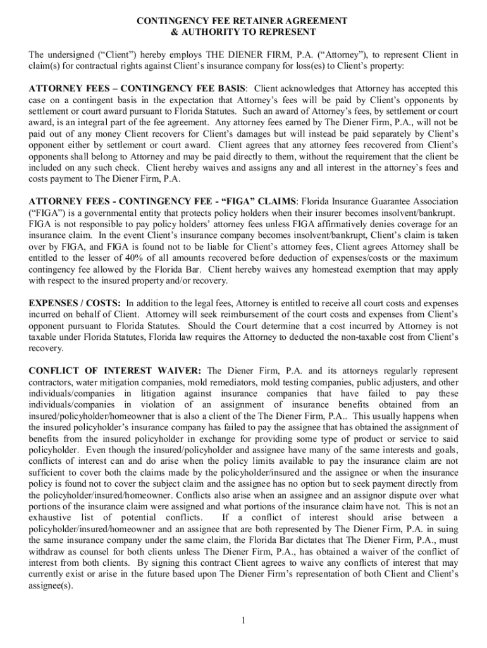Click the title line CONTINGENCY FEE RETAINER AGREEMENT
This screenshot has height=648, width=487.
(x=243, y=21)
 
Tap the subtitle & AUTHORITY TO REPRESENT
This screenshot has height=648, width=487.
(x=243, y=32)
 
